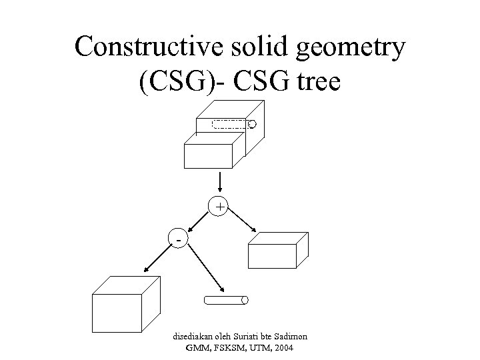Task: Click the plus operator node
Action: point(219,207)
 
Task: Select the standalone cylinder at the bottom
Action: point(225,300)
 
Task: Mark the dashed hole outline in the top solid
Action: point(229,123)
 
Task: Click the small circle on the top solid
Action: point(252,124)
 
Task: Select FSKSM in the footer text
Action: point(221,348)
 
